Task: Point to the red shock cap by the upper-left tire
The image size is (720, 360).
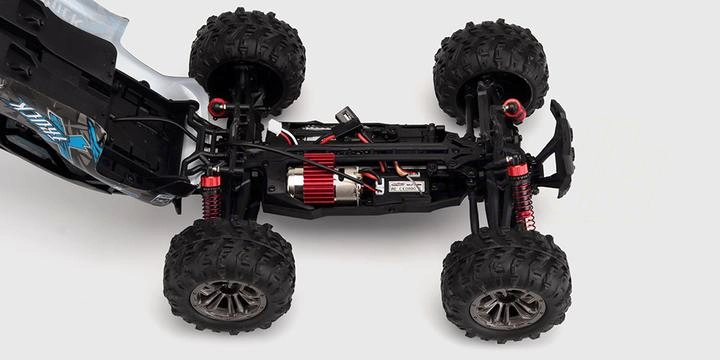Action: [217, 107]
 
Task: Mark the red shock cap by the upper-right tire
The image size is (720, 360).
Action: [514, 108]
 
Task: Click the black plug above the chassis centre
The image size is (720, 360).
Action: [346, 117]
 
